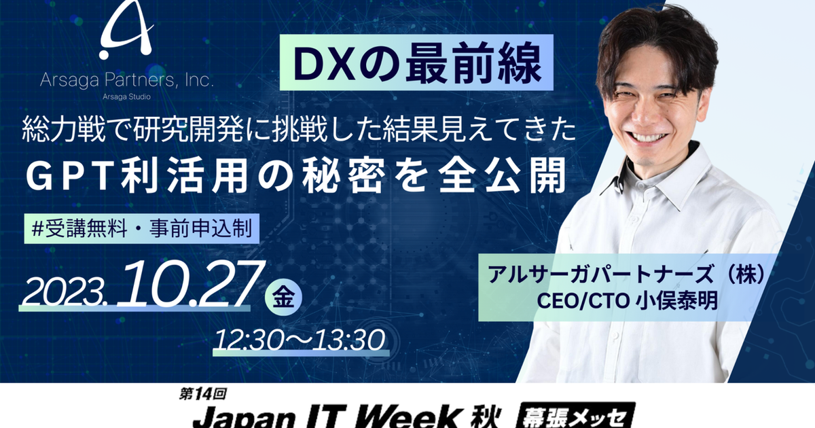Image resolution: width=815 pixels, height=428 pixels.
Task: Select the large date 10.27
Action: [187, 285]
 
